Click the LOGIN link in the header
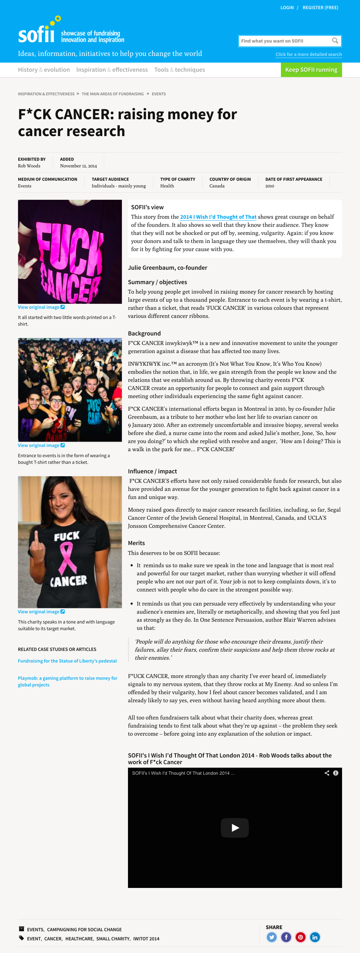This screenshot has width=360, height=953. point(287,7)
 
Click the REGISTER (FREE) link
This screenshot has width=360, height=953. point(320,7)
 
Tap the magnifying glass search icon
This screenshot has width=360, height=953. point(335,41)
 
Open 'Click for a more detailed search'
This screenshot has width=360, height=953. point(308,55)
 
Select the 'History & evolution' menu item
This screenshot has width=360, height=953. point(44,70)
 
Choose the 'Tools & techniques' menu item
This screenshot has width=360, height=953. point(179,70)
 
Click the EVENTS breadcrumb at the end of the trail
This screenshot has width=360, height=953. point(158,94)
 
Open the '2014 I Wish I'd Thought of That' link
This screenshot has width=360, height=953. point(218,217)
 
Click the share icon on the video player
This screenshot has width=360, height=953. point(327,773)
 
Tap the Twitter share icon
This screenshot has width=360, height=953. point(271,937)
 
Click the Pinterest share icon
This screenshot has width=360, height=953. point(301,937)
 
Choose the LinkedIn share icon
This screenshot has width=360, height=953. point(315,937)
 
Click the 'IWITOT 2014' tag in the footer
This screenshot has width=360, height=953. point(146,939)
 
